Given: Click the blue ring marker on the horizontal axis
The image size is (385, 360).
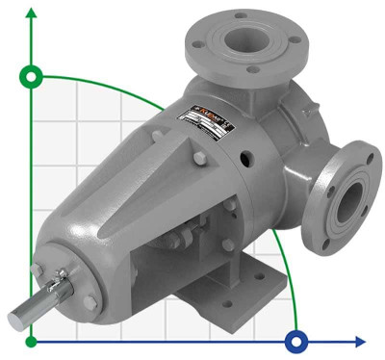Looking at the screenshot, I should click(x=297, y=341).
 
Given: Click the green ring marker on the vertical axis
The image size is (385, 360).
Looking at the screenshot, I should click(x=33, y=76).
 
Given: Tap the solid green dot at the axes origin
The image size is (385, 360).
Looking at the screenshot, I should click(x=33, y=341).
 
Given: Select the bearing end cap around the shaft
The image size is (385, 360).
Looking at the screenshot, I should click(x=58, y=289).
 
